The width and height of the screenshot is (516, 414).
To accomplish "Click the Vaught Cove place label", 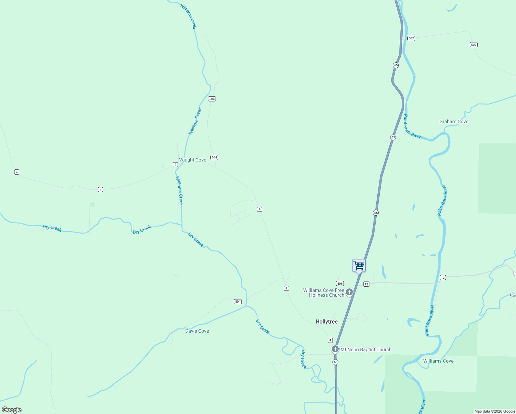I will coord(192,160).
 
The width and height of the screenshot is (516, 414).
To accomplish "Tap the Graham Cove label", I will coord(454,122).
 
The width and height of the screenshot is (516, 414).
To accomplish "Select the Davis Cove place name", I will coord(197,331).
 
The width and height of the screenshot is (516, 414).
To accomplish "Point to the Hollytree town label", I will coord(326,322).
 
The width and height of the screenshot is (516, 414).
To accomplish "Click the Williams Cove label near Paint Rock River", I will coord(438,361).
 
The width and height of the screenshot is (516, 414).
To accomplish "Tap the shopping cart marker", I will coord(359,266).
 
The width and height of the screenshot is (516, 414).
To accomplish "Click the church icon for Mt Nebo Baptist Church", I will coord(335,349).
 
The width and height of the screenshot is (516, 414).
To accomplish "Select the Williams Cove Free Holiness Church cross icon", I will coord(349,293).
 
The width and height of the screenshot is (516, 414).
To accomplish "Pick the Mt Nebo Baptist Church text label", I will coord(366,350).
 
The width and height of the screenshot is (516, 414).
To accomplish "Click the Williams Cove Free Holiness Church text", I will coord(324,293).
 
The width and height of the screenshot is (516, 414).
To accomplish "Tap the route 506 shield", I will coord(340,284).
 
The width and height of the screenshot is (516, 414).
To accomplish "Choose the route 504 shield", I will coord(238,302).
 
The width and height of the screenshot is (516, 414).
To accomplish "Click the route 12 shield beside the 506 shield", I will coord(366,284).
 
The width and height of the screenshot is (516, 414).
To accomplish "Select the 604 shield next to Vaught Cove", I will coord(214,157).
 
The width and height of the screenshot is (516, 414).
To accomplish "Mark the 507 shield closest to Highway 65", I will coord(411,38).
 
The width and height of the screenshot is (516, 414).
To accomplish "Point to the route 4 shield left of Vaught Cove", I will coord(176,165).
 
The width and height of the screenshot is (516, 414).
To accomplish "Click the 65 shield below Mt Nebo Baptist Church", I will coord(335,362).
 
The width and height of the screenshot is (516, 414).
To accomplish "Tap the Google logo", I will coord(12,410).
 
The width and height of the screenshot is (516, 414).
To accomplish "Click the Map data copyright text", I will coord(495,411).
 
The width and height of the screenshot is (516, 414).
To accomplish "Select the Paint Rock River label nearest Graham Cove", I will coord(412,127).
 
